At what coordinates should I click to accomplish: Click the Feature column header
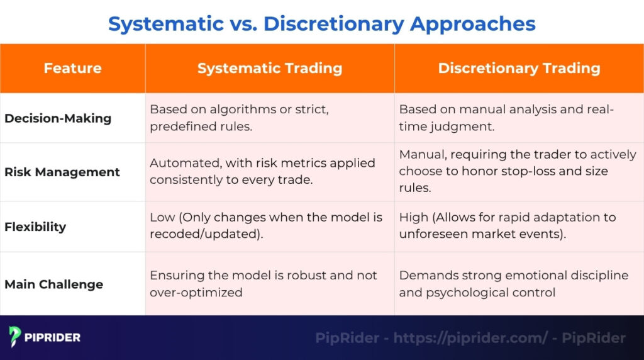click(72, 69)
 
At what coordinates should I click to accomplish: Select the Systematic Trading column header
click(269, 69)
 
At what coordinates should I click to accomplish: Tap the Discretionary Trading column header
click(519, 69)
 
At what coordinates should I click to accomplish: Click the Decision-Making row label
click(58, 118)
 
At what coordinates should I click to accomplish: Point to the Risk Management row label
click(62, 172)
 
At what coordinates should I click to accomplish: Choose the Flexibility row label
click(35, 227)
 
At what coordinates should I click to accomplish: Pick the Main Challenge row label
click(53, 284)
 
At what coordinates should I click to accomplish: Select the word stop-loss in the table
click(522, 171)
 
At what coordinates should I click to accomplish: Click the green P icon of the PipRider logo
click(15, 337)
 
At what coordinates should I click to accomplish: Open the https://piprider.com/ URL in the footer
click(470, 338)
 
